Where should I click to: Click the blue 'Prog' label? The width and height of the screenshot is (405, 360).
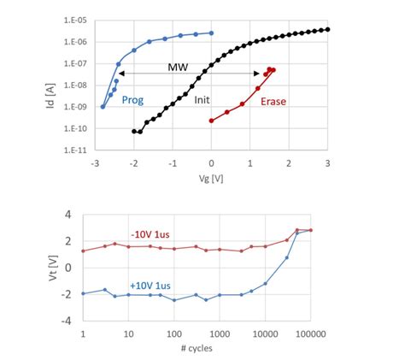[132, 99]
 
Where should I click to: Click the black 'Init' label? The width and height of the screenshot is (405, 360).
[202, 100]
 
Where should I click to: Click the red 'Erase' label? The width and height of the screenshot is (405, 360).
[273, 101]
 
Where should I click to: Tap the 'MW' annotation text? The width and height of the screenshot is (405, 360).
[178, 66]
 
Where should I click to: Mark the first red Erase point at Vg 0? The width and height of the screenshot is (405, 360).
[212, 121]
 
